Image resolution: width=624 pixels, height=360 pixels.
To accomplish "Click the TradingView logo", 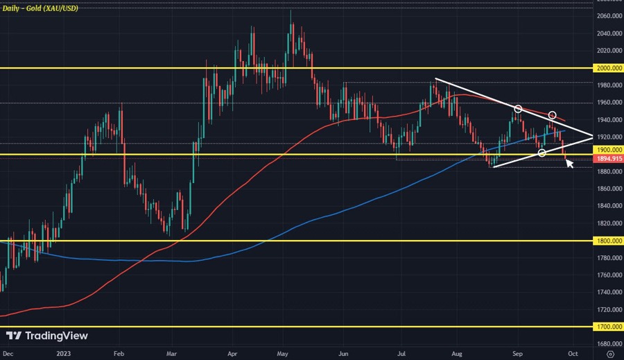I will pyautogui.click(x=48, y=336).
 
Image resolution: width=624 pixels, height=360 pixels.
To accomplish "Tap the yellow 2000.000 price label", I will pyautogui.click(x=608, y=69).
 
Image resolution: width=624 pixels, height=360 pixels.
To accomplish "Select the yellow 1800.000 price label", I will pyautogui.click(x=608, y=241).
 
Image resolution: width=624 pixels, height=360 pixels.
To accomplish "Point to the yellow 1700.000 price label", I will pyautogui.click(x=608, y=327).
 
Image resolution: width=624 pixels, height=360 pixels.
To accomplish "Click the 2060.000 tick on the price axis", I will pyautogui.click(x=608, y=16).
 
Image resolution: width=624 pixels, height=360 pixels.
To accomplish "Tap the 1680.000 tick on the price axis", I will pyautogui.click(x=608, y=343).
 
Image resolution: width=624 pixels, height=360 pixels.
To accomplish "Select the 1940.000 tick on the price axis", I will pyautogui.click(x=608, y=119).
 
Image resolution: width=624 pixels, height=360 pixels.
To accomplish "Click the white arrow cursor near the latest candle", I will pyautogui.click(x=569, y=163).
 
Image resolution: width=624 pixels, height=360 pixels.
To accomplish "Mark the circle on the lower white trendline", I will pyautogui.click(x=541, y=153).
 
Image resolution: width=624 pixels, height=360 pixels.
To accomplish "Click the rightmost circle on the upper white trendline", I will pyautogui.click(x=553, y=114).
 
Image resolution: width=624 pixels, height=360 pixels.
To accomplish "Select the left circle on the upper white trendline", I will pyautogui.click(x=517, y=109).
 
